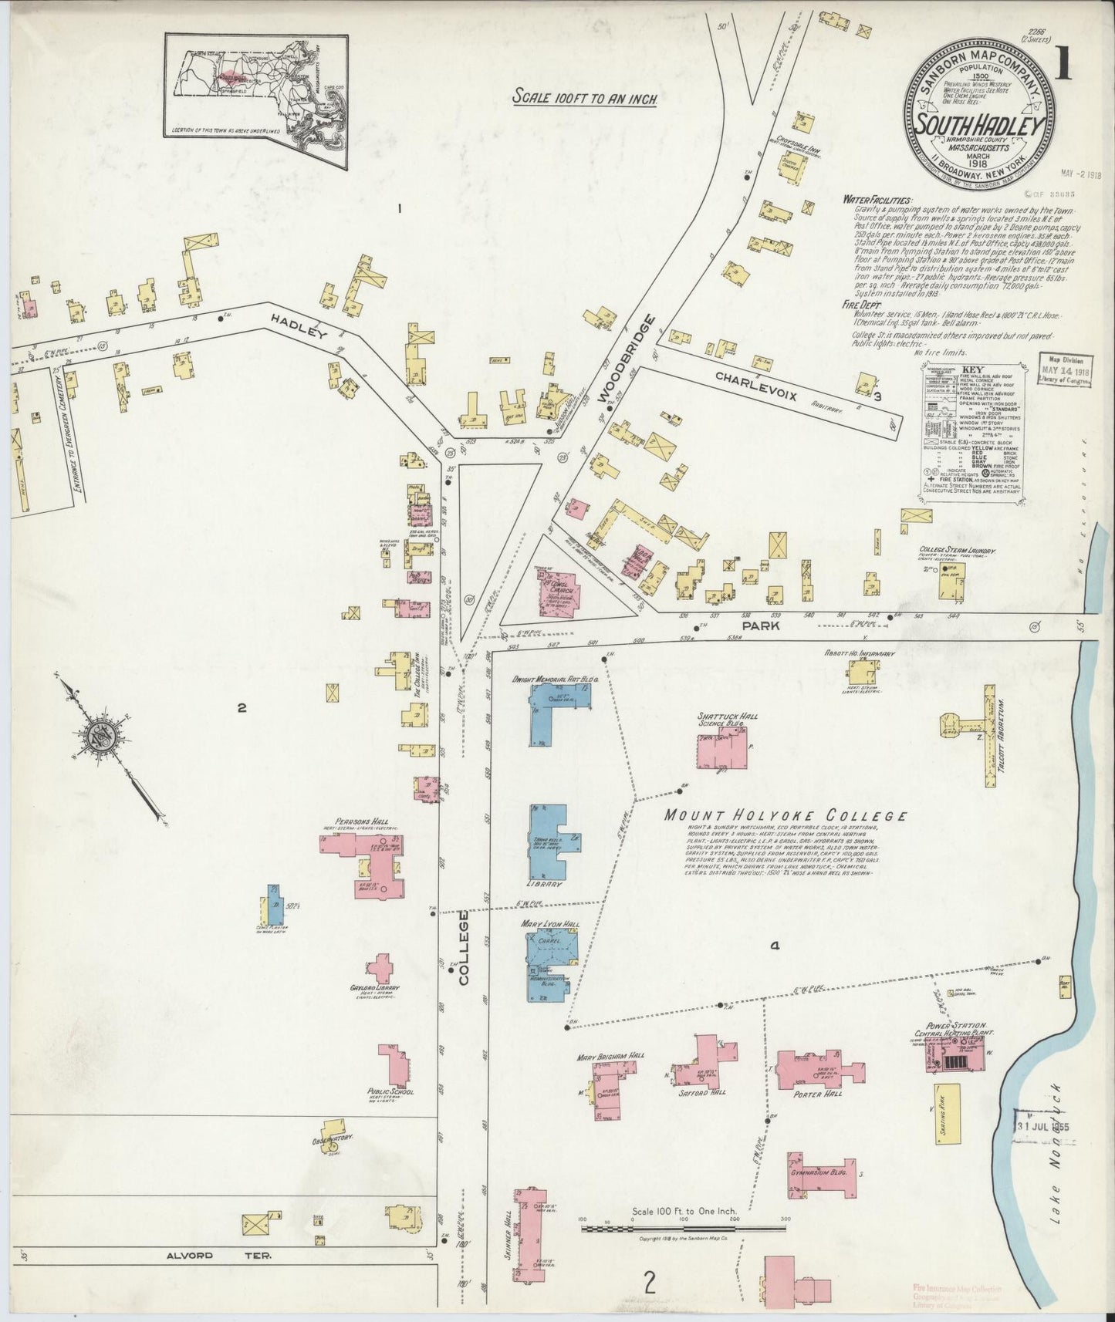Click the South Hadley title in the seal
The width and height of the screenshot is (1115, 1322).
979,124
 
